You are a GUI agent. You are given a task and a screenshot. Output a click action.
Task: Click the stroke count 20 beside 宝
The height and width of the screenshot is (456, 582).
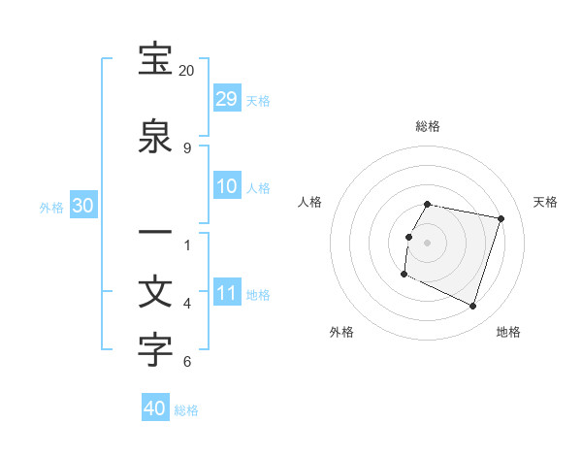pyautogui.click(x=186, y=71)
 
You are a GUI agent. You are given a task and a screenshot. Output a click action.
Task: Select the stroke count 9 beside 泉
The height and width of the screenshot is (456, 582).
pyautogui.click(x=186, y=147)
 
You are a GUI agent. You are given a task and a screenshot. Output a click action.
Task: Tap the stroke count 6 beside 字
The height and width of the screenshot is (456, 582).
pyautogui.click(x=186, y=362)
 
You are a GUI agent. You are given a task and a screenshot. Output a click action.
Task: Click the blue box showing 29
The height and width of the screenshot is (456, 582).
pyautogui.click(x=226, y=98)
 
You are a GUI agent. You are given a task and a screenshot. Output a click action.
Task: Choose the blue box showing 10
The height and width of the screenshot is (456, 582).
pyautogui.click(x=226, y=186)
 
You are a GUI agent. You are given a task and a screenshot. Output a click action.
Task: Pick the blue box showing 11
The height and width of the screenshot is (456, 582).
pyautogui.click(x=226, y=293)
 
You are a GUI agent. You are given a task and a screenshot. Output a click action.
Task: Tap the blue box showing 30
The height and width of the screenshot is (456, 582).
pyautogui.click(x=82, y=206)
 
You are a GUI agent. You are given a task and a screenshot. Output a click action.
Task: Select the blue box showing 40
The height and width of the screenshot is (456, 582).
pyautogui.click(x=155, y=408)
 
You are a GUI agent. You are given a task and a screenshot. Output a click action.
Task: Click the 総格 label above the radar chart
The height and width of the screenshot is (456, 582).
pyautogui.click(x=428, y=126)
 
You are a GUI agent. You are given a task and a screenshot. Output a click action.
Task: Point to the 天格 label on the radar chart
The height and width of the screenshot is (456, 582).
pyautogui.click(x=545, y=202)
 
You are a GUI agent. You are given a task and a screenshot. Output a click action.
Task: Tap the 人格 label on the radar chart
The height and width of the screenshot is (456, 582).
pyautogui.click(x=310, y=202)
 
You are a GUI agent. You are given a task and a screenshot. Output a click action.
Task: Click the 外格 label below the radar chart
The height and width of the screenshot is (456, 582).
pyautogui.click(x=341, y=332)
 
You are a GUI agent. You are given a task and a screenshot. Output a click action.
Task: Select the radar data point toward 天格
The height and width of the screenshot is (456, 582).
pyautogui.click(x=501, y=219)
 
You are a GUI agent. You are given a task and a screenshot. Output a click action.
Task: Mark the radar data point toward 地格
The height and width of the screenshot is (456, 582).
pyautogui.click(x=472, y=306)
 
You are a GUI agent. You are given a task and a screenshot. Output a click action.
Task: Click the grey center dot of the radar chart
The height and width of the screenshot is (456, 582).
pyautogui.click(x=428, y=243)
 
